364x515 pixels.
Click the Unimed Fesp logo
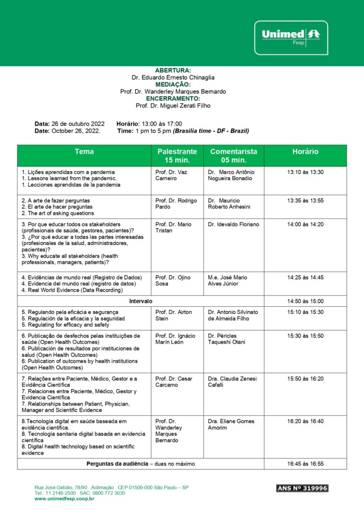tap(291, 37)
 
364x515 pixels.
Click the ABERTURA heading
tap(173, 70)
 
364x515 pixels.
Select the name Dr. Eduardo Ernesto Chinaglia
tap(173, 77)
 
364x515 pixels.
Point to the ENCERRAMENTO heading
tap(173, 99)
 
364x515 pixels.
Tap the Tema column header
tap(84, 151)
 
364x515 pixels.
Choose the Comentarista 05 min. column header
tap(233, 155)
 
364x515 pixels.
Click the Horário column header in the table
tap(305, 151)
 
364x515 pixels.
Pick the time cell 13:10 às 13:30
tap(305, 172)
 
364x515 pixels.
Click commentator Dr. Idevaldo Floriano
tap(233, 224)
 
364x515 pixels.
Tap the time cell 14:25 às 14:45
tap(305, 277)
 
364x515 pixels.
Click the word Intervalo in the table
tap(141, 301)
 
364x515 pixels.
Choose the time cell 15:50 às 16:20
tap(305, 379)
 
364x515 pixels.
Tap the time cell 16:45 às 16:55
tap(305, 464)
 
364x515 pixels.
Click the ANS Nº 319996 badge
tap(302, 488)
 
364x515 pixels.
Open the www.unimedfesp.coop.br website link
tap(65, 499)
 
